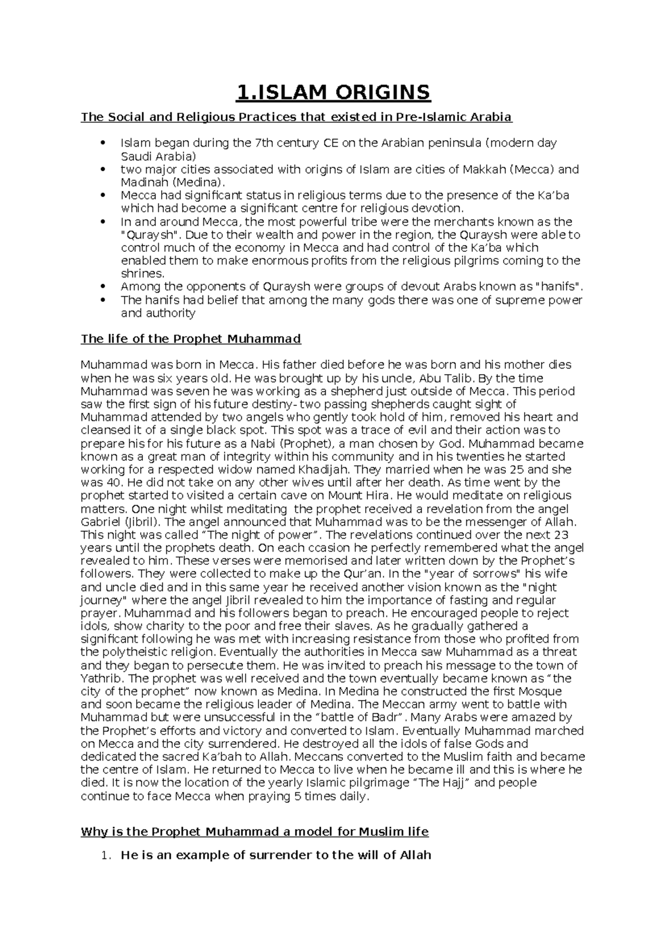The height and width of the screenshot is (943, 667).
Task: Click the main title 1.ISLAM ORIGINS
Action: point(333,92)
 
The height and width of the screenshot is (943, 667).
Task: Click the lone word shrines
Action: point(143,274)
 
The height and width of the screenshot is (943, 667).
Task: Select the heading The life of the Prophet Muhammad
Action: point(191,339)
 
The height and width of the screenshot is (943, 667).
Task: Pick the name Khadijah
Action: point(305,469)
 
